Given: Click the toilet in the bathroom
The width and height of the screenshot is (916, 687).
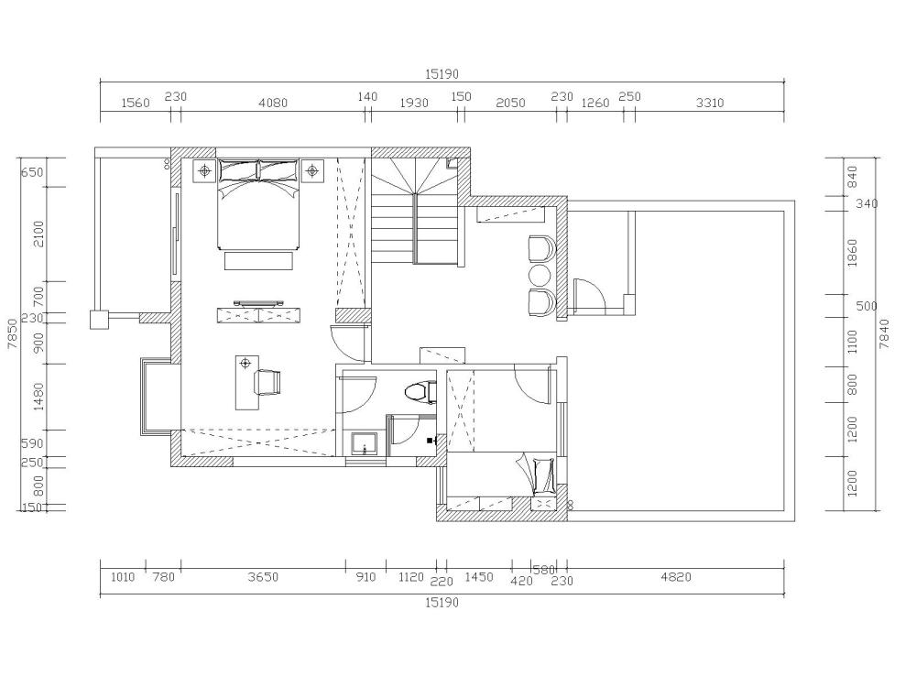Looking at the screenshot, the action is point(420,392).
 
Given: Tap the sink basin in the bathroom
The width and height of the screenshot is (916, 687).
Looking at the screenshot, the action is point(364,444).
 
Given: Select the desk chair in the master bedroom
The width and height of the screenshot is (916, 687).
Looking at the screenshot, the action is point(268,382).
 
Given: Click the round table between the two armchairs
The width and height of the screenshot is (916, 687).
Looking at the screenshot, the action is point(540,274).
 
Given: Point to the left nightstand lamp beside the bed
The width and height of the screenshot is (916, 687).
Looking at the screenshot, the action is point(204,170).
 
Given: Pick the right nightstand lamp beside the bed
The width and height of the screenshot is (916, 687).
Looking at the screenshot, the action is point(312,170).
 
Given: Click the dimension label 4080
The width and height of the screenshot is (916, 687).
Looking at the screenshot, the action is point(273,103).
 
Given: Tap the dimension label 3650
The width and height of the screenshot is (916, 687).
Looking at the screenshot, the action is point(263,577).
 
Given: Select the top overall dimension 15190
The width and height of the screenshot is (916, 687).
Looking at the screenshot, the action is point(442,74).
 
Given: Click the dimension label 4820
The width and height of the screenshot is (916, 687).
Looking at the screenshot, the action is point(676,577).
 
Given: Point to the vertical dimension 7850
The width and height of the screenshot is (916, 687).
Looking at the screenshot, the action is point(12,334).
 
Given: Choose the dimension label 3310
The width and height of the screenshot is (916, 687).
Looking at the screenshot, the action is point(710,103).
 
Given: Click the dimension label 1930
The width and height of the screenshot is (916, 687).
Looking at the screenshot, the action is point(414,103).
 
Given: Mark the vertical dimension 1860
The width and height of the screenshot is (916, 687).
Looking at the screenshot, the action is point(852,253).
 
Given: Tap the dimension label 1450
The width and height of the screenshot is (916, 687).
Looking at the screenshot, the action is point(479,577).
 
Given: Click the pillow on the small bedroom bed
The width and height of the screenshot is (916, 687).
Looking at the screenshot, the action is point(544,474).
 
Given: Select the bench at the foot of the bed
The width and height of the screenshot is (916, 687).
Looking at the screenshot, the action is point(258,260).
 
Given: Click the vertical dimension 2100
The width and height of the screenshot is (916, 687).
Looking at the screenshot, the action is point(38,234).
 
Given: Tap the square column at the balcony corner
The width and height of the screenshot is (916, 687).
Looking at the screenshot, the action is point(99,320).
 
